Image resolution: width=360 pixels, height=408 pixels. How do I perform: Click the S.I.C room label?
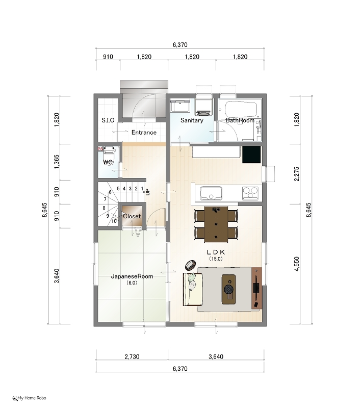(x=108, y=120)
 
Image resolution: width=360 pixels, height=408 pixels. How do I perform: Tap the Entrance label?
(x=144, y=133)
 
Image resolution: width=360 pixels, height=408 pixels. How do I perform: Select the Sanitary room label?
(x=192, y=120)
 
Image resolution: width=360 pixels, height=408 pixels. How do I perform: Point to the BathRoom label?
(x=240, y=120)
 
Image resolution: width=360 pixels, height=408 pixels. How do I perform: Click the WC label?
(x=108, y=162)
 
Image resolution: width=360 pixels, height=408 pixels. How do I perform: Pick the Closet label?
(x=132, y=216)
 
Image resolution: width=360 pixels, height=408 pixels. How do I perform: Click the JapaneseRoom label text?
(x=132, y=276)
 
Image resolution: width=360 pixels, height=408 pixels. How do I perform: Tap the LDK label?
(x=216, y=252)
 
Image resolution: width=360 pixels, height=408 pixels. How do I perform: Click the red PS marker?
(x=100, y=149)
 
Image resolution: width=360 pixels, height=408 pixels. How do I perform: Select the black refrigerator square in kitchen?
(x=251, y=155)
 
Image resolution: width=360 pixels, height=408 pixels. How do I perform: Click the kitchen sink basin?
(x=211, y=193)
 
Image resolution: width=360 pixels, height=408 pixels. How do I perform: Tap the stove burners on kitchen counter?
(x=250, y=193)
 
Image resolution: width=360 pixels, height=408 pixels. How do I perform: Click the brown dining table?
(x=216, y=224)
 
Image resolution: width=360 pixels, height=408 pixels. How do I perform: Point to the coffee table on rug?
(x=228, y=289)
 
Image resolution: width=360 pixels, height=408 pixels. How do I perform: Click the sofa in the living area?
(x=192, y=289)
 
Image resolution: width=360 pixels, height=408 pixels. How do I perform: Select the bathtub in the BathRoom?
(x=241, y=109)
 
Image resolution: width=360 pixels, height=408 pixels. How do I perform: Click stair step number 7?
(x=105, y=199)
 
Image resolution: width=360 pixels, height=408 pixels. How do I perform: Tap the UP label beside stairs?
(x=148, y=192)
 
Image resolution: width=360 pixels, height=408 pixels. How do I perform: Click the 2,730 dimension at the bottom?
(x=132, y=356)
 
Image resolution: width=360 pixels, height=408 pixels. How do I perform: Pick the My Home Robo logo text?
(x=29, y=398)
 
